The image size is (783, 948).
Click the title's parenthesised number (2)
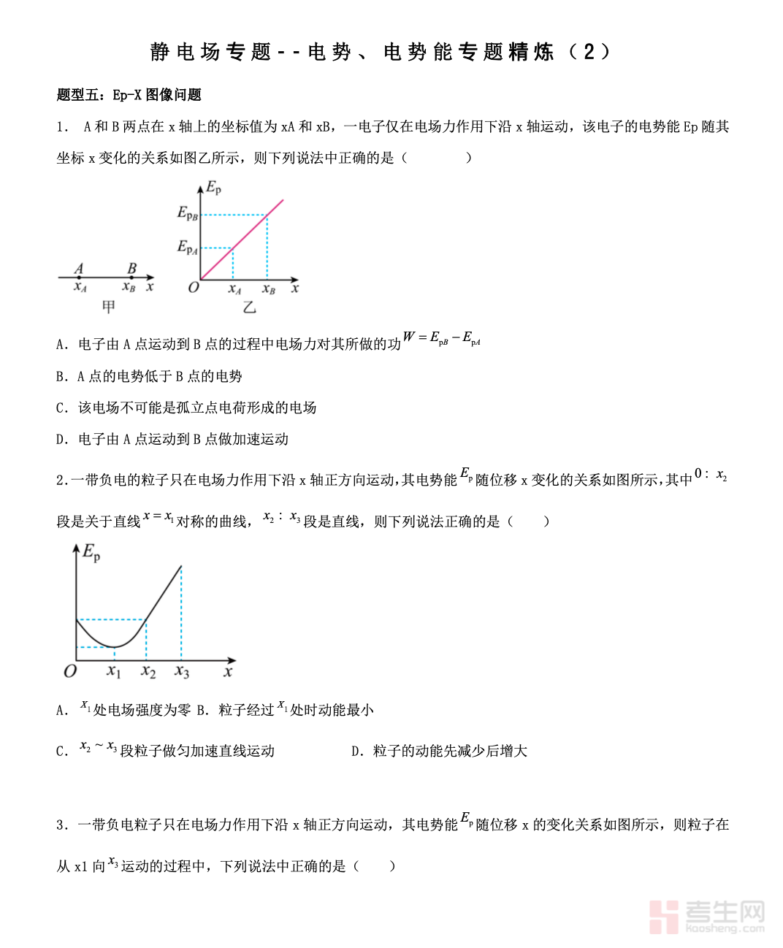[x=588, y=52]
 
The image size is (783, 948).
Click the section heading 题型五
[x=78, y=95]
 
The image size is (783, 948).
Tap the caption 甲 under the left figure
[x=109, y=307]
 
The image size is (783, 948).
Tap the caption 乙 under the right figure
[x=249, y=307]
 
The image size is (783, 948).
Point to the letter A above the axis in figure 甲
[x=79, y=268]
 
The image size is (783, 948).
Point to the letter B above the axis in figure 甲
[x=131, y=268]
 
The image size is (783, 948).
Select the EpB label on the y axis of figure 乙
[x=188, y=213]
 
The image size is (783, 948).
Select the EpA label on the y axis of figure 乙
[x=188, y=248]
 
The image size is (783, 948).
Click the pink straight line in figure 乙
[x=248, y=232]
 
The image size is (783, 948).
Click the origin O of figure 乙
[x=194, y=287]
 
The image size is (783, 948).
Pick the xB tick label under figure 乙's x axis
[x=269, y=289]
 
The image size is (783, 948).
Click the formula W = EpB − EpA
[x=441, y=338]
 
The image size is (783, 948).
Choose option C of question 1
[x=186, y=408]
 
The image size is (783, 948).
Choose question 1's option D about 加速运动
[x=172, y=439]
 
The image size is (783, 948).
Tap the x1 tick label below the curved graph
[x=113, y=670]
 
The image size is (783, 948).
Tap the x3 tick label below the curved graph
[x=182, y=670]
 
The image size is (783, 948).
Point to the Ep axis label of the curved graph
[x=91, y=552]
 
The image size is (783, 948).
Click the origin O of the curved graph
[x=70, y=671]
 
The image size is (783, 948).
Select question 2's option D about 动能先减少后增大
[x=439, y=751]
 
